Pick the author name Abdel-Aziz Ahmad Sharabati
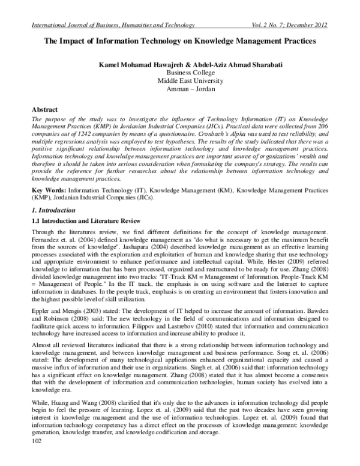point(227,63)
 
